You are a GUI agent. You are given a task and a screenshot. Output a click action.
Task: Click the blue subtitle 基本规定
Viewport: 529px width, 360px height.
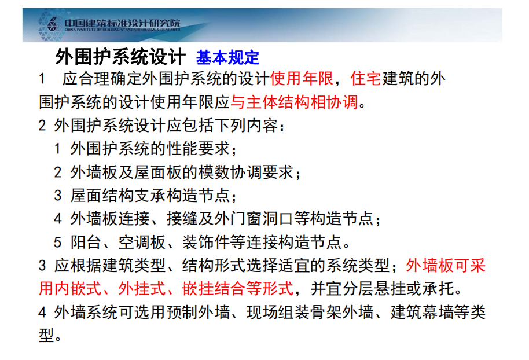point(227,57)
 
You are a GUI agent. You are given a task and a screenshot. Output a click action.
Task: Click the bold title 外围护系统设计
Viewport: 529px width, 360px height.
point(120,56)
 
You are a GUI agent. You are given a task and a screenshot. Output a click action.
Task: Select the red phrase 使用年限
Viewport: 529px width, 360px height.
point(302,79)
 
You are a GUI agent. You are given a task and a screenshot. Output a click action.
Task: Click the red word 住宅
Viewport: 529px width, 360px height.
point(366,79)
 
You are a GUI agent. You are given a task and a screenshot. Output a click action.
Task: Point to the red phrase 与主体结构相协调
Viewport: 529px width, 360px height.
point(294,102)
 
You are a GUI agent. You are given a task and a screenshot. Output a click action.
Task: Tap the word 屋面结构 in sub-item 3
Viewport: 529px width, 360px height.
point(102,196)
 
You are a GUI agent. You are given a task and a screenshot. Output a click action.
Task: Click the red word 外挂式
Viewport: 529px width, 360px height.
point(142,289)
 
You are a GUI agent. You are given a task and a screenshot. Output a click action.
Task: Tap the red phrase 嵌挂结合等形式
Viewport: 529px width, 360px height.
point(238,289)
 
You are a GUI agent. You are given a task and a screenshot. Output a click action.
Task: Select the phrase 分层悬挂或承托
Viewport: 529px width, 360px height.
point(398,289)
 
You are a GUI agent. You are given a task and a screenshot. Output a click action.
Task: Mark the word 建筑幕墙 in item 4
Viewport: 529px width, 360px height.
point(423,312)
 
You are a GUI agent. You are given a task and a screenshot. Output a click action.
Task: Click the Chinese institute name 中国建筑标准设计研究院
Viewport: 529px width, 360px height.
point(123,23)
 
